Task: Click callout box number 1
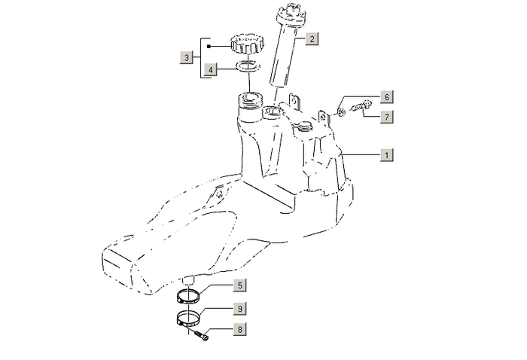[385, 154]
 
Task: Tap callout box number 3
[186, 56]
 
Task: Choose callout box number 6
[385, 97]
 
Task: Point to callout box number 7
[385, 117]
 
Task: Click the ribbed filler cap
[248, 44]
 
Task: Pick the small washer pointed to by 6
[340, 111]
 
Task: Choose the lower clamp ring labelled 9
[191, 318]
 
